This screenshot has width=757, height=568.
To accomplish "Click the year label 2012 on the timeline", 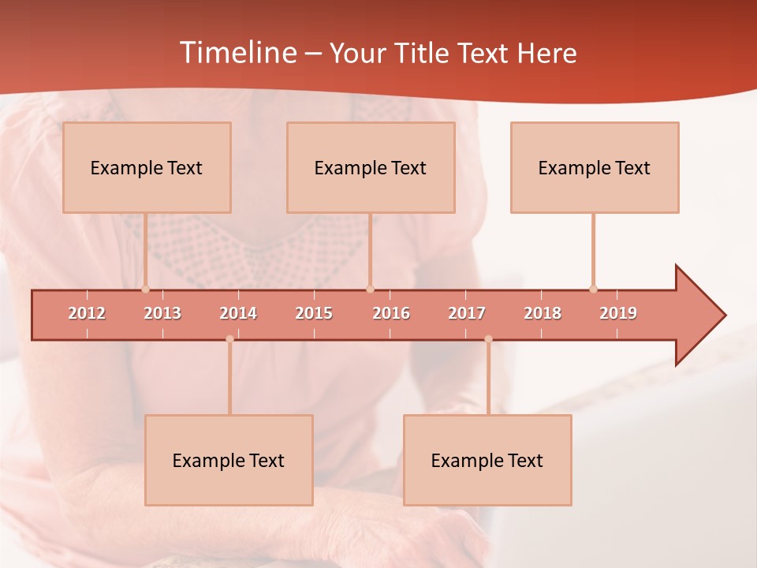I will click(87, 313).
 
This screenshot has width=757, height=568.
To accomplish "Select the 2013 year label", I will click(162, 313).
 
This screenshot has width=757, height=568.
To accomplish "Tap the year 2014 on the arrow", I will click(238, 313).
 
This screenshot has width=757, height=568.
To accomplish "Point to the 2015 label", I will click(314, 313).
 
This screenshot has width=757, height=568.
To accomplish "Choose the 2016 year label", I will click(391, 313).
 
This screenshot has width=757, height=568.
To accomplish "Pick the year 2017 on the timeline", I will click(467, 313).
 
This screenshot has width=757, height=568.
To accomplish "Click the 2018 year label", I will click(543, 313).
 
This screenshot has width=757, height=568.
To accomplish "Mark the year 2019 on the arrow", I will click(618, 313).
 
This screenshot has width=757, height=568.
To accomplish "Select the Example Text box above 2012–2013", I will click(147, 168).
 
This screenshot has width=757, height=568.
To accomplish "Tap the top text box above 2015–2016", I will click(371, 168).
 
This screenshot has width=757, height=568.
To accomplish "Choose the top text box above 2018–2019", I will click(595, 168).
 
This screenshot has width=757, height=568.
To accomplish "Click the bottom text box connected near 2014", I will click(229, 461).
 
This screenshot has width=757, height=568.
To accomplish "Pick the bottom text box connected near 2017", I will click(487, 461).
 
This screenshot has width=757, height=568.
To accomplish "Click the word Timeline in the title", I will click(236, 53).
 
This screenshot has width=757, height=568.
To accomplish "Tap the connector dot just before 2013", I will click(145, 289).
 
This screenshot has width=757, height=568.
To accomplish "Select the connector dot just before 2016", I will click(370, 289).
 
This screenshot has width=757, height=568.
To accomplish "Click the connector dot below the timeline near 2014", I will click(229, 339).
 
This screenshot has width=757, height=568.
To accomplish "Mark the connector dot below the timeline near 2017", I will click(488, 339).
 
